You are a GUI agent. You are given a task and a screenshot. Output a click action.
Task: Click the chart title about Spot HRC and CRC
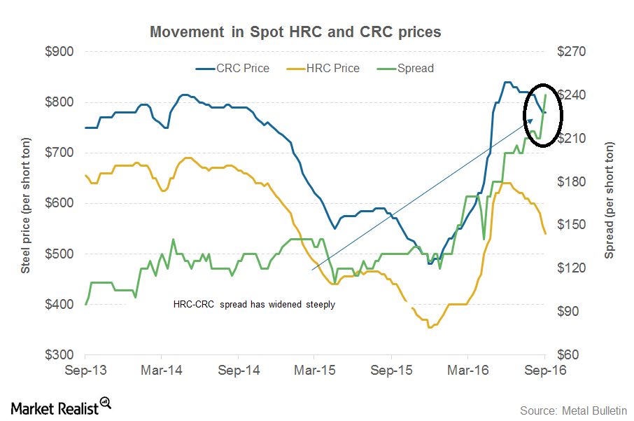[x=295, y=32]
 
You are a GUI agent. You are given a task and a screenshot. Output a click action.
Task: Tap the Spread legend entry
[x=415, y=69]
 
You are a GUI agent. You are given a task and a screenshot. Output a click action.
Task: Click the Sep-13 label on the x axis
[x=85, y=370]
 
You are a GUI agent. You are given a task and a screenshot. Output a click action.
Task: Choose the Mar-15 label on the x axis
[x=314, y=370]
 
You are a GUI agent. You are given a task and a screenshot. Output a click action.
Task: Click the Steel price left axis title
[x=25, y=203]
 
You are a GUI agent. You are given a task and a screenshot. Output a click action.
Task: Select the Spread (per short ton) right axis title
[x=610, y=203]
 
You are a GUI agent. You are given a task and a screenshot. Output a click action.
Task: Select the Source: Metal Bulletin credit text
[x=573, y=409]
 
